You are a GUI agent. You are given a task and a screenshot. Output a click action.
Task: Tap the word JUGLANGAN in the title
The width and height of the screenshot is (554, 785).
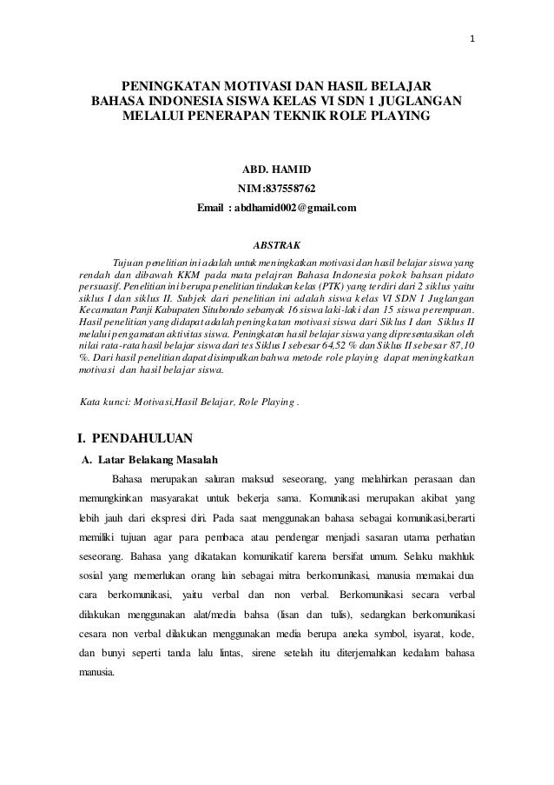tap(424, 102)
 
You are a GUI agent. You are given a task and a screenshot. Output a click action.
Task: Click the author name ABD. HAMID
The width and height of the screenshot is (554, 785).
tap(277, 168)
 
